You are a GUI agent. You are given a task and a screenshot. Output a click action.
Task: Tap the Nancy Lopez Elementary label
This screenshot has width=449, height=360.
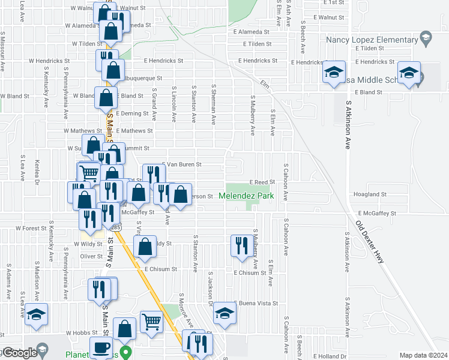click(x=372, y=40)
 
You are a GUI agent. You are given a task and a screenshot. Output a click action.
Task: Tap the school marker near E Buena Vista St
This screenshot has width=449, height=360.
click(x=225, y=313)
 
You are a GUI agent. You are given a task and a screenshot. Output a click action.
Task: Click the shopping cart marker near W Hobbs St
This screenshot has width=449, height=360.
click(x=151, y=322)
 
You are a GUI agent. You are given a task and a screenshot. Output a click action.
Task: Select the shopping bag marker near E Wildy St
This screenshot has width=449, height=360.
click(x=145, y=247)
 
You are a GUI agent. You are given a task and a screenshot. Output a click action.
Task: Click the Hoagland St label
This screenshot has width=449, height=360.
click(x=370, y=194)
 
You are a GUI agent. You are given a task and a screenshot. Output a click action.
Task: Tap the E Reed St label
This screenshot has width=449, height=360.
click(x=262, y=182)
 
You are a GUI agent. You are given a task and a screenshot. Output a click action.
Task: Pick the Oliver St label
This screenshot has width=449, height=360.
click(x=92, y=256)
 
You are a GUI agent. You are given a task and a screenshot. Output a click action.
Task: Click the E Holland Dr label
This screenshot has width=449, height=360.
click(x=329, y=356)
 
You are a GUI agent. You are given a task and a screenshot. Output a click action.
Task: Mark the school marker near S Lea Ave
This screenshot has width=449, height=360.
click(x=36, y=314)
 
